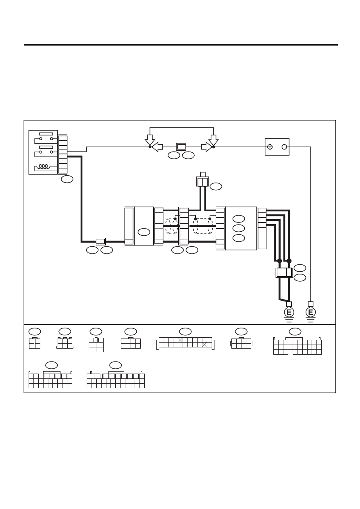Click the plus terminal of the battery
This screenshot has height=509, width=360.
pyautogui.click(x=270, y=147)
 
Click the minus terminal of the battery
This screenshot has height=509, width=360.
pyautogui.click(x=284, y=147)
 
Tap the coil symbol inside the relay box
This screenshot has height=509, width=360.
pyautogui.click(x=44, y=166)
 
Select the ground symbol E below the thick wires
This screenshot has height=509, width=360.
pyautogui.click(x=289, y=312)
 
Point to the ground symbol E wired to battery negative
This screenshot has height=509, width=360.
pyautogui.click(x=310, y=312)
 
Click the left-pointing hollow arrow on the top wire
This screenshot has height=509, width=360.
pyautogui.click(x=157, y=147)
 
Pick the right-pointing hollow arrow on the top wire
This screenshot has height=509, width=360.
pyautogui.click(x=207, y=147)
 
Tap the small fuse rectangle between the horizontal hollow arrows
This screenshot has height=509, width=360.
pyautogui.click(x=181, y=147)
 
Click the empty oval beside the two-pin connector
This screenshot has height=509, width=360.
pyautogui.click(x=216, y=186)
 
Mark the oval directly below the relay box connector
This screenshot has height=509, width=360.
pyautogui.click(x=67, y=179)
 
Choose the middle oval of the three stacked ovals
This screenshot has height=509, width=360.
pyautogui.click(x=239, y=228)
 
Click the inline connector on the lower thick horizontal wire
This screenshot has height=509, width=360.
pyautogui.click(x=101, y=241)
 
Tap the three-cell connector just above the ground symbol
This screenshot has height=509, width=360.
pyautogui.click(x=284, y=272)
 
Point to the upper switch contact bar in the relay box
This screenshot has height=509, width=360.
pyautogui.click(x=46, y=134)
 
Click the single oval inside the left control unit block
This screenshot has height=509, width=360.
pyautogui.click(x=144, y=232)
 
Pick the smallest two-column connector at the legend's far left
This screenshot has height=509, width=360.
pyautogui.click(x=35, y=343)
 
